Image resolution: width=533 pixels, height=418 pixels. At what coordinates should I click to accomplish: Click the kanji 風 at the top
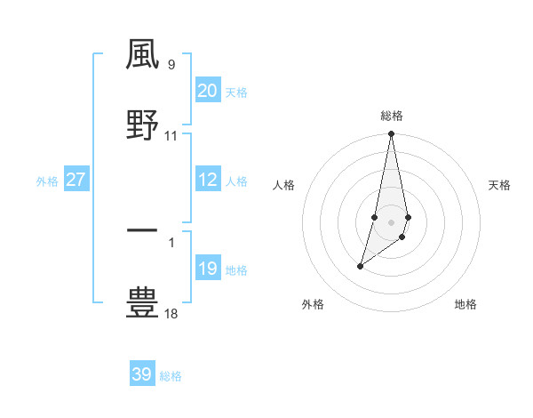click(x=143, y=54)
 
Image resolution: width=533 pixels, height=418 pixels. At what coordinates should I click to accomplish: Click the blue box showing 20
click(x=208, y=91)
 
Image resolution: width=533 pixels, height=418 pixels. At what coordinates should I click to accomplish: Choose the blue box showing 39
click(x=142, y=374)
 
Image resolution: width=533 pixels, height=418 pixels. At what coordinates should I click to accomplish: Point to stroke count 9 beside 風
click(x=171, y=64)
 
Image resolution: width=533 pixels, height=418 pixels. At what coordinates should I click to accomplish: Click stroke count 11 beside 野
click(x=171, y=136)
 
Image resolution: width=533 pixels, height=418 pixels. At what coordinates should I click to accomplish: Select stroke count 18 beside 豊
click(x=171, y=314)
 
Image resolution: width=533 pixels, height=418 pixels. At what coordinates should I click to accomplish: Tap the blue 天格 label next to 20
click(x=236, y=92)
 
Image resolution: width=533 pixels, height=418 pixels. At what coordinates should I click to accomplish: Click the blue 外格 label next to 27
click(x=47, y=181)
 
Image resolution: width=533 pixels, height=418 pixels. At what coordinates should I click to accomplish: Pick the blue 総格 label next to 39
click(x=171, y=376)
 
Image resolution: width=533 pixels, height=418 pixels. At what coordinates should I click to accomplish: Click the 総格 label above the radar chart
click(x=392, y=116)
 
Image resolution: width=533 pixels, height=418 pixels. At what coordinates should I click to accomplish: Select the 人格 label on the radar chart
click(x=284, y=185)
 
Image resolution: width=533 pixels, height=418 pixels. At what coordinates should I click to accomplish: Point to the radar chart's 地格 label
click(x=465, y=305)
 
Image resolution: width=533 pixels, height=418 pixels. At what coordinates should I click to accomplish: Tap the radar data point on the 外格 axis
click(x=360, y=266)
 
